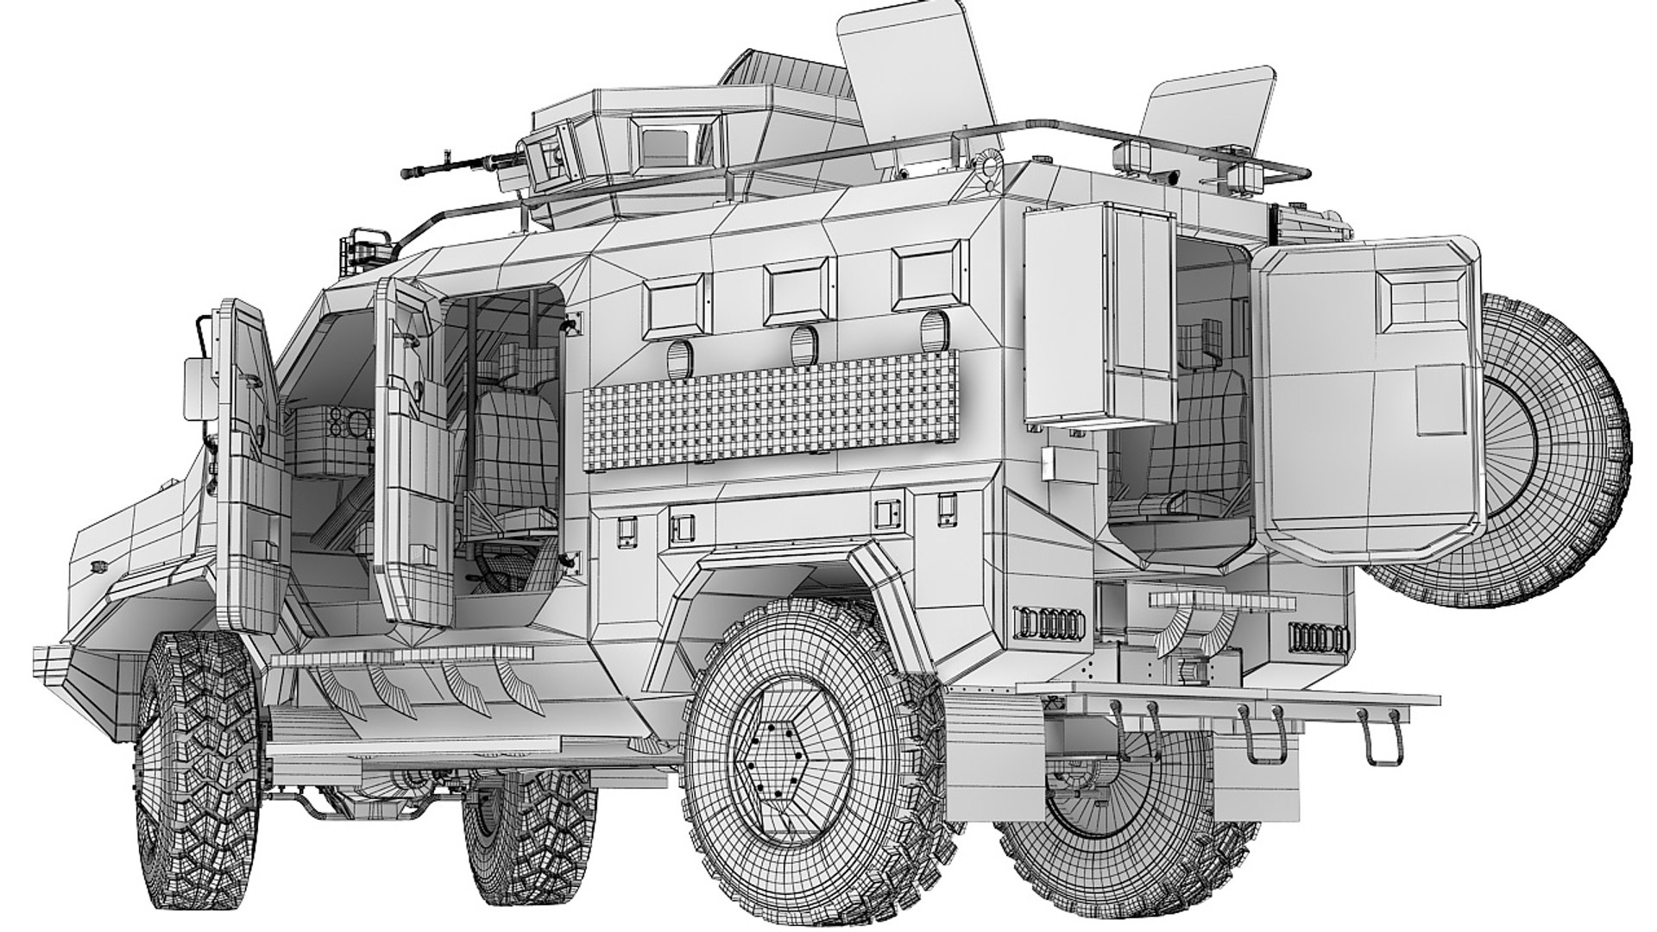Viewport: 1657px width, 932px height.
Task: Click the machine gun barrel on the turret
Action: (x=440, y=166)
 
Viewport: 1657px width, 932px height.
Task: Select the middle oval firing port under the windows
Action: (x=804, y=343)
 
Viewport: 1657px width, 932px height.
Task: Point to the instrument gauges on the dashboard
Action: (x=350, y=423)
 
